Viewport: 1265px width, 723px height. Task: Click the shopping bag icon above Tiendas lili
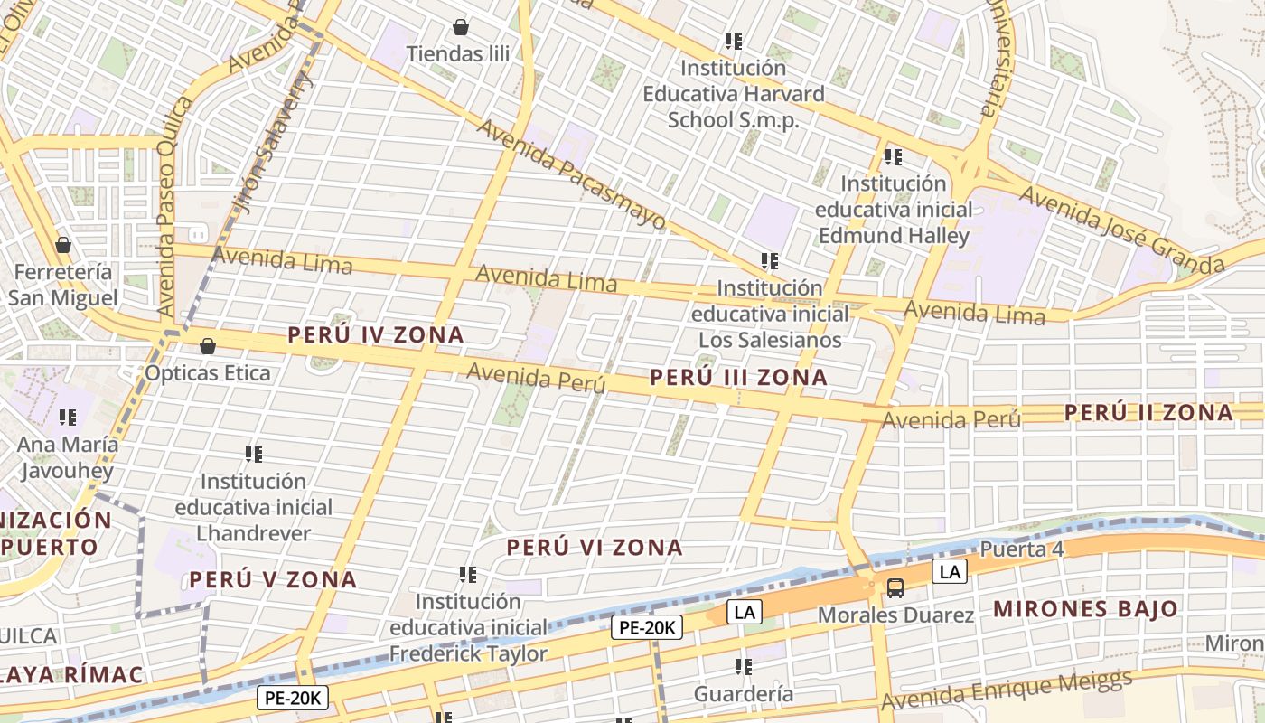(461, 27)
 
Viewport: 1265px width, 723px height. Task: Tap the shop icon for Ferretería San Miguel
(63, 245)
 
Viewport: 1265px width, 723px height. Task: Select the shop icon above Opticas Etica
(208, 346)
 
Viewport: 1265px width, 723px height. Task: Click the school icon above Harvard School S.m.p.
(734, 42)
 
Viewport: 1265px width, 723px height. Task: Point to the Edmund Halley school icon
(894, 157)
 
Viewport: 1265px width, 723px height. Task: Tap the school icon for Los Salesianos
(770, 262)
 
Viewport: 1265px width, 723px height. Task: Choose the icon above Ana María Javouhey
(68, 418)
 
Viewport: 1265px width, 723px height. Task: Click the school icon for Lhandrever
(254, 455)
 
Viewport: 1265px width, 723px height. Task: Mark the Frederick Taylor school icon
(468, 575)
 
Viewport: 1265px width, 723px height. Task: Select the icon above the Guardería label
(744, 668)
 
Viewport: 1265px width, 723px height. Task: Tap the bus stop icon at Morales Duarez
(895, 588)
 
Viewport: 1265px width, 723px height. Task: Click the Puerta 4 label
(1022, 550)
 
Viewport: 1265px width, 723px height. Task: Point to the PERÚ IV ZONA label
(376, 335)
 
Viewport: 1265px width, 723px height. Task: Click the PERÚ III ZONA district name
(738, 378)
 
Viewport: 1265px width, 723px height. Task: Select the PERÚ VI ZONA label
(595, 548)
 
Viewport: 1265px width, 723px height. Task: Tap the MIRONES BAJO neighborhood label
(1085, 609)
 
